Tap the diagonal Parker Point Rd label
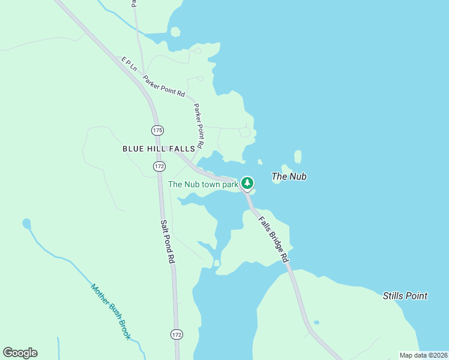coord(163,85)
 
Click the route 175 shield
coord(157,130)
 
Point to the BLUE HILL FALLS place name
coord(158,148)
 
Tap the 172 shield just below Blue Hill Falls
coord(158,166)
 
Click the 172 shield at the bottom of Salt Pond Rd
coord(176,334)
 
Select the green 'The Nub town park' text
coord(203,184)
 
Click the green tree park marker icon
coord(247,182)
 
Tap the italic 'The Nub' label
coord(289,176)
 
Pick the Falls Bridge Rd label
coord(274,239)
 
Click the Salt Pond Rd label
coord(167,242)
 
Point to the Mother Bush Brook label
coord(111,311)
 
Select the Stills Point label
coord(405,295)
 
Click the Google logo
coord(20,353)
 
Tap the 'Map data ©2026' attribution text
coord(423,355)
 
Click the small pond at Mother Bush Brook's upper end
coord(26,224)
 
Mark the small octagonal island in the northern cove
coord(175,32)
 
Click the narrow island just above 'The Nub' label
coord(298,157)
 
